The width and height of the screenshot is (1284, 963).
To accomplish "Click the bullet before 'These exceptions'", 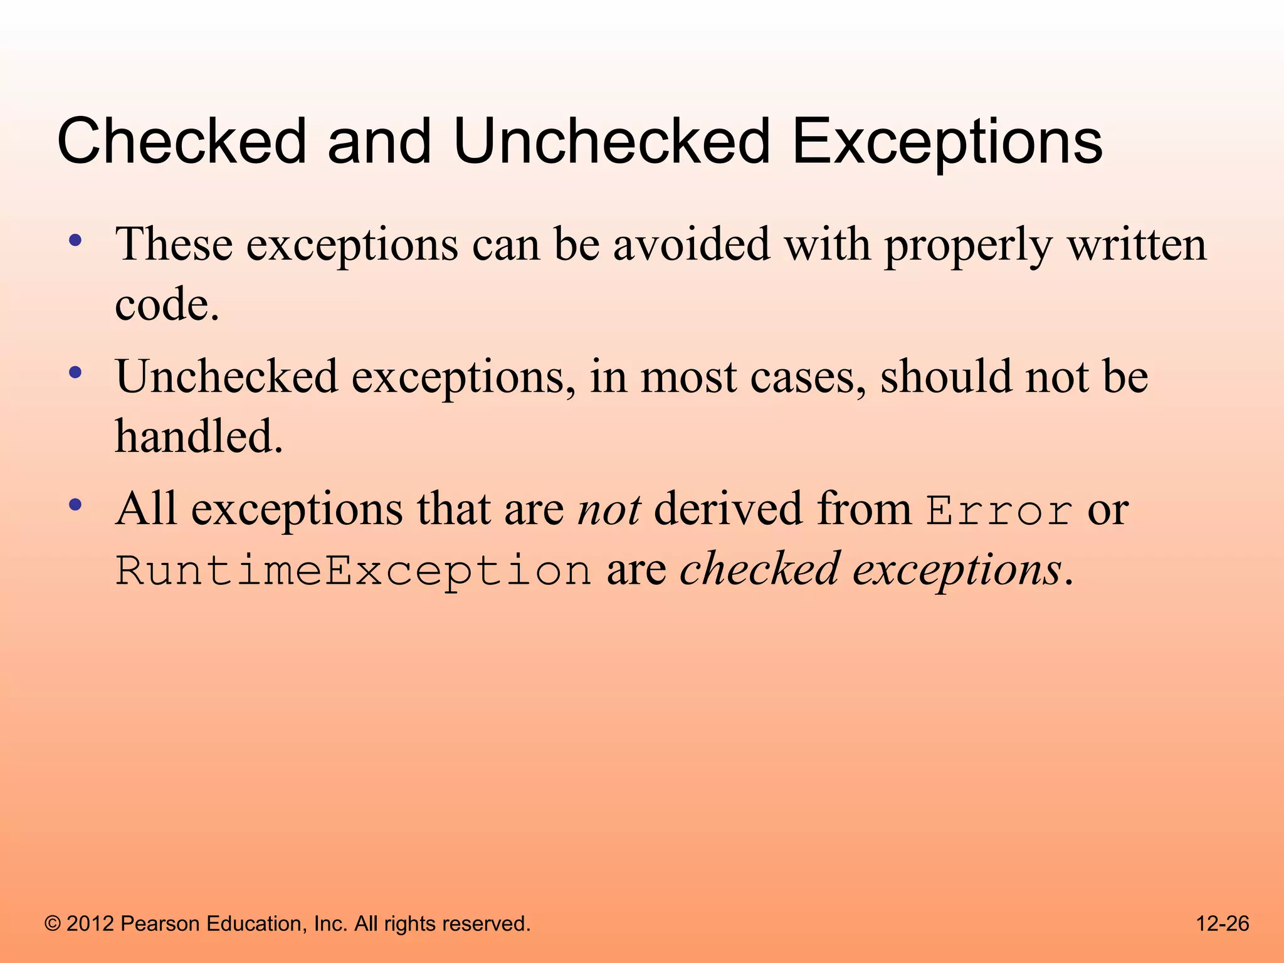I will (75, 240).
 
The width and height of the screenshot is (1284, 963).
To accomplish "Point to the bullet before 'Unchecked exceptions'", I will (75, 373).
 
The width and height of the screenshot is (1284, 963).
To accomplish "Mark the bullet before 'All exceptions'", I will (75, 505).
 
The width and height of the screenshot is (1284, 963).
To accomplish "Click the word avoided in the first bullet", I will (691, 245).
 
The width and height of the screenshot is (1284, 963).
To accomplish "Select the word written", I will (1137, 245).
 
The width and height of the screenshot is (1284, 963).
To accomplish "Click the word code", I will (166, 305).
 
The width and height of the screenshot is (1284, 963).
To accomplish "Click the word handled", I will (199, 436).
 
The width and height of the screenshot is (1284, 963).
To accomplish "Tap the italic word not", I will (609, 509).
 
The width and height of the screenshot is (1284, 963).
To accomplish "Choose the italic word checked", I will (760, 569).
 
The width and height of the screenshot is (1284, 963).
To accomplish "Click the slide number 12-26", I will (1222, 924).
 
